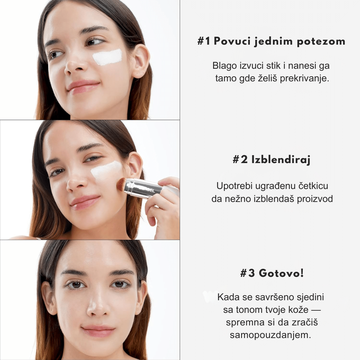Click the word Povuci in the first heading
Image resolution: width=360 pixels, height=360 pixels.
pyautogui.click(x=232, y=41)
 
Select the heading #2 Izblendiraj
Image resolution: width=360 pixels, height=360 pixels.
pyautogui.click(x=271, y=159)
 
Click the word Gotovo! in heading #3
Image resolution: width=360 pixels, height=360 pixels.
pyautogui.click(x=281, y=273)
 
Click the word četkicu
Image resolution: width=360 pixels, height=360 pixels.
pyautogui.click(x=314, y=186)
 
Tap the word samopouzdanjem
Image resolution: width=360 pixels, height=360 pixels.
pyautogui.click(x=270, y=335)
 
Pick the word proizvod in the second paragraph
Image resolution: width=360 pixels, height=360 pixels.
pyautogui.click(x=315, y=199)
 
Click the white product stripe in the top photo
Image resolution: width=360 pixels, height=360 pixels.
pyautogui.click(x=107, y=57)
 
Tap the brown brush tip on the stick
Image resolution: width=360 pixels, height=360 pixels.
pyautogui.click(x=121, y=184)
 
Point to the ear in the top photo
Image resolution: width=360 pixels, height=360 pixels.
pyautogui.click(x=141, y=60)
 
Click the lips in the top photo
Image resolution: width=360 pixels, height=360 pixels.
pyautogui.click(x=83, y=87)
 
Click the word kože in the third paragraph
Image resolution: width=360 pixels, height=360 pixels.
pyautogui.click(x=298, y=310)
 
